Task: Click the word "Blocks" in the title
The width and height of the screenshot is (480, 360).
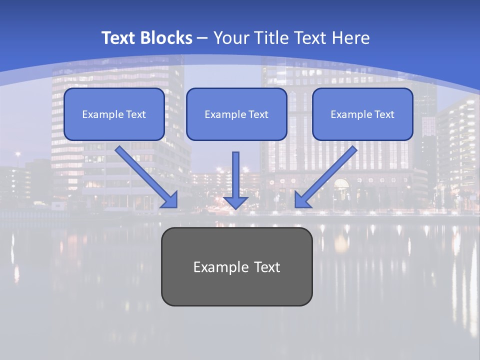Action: (166, 38)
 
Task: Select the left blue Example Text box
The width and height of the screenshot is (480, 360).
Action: (114, 114)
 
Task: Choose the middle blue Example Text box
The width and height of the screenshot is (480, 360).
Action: (236, 114)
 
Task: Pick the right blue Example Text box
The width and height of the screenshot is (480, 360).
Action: (362, 114)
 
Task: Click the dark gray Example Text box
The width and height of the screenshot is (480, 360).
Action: (236, 266)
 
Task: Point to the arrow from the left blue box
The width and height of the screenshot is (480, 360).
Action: (144, 175)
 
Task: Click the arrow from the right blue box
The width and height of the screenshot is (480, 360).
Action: (327, 175)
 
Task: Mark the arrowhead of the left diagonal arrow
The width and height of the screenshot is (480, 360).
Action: (170, 200)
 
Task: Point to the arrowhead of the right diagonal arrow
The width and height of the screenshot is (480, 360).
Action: (301, 200)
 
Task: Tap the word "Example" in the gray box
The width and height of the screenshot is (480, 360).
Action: (220, 267)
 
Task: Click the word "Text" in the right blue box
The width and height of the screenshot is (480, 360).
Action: (384, 114)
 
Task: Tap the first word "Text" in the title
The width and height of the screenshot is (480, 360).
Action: (119, 38)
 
